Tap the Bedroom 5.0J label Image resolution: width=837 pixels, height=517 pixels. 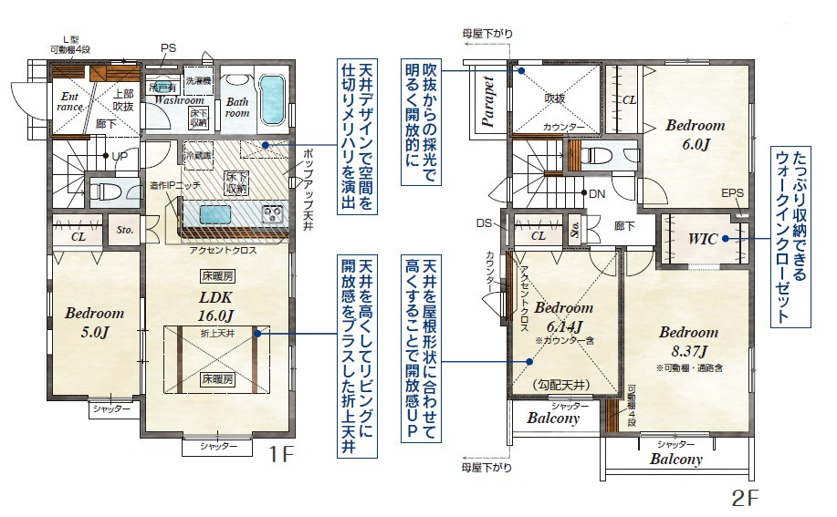click(94, 322)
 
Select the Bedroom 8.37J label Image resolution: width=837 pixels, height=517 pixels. click(687, 340)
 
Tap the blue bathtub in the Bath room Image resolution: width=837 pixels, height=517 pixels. click(272, 100)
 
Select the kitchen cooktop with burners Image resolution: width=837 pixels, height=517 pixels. click(273, 215)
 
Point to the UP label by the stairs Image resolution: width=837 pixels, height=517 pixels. click(120, 156)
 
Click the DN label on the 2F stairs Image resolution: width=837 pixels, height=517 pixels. click(596, 193)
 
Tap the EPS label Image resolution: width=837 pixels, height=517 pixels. click(732, 193)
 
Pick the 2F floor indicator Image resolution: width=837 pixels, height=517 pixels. click(746, 499)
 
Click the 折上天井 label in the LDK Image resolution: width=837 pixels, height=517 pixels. click(217, 334)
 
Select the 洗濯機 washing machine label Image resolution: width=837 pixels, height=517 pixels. click(197, 81)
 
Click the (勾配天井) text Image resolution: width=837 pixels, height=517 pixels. click(560, 386)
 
